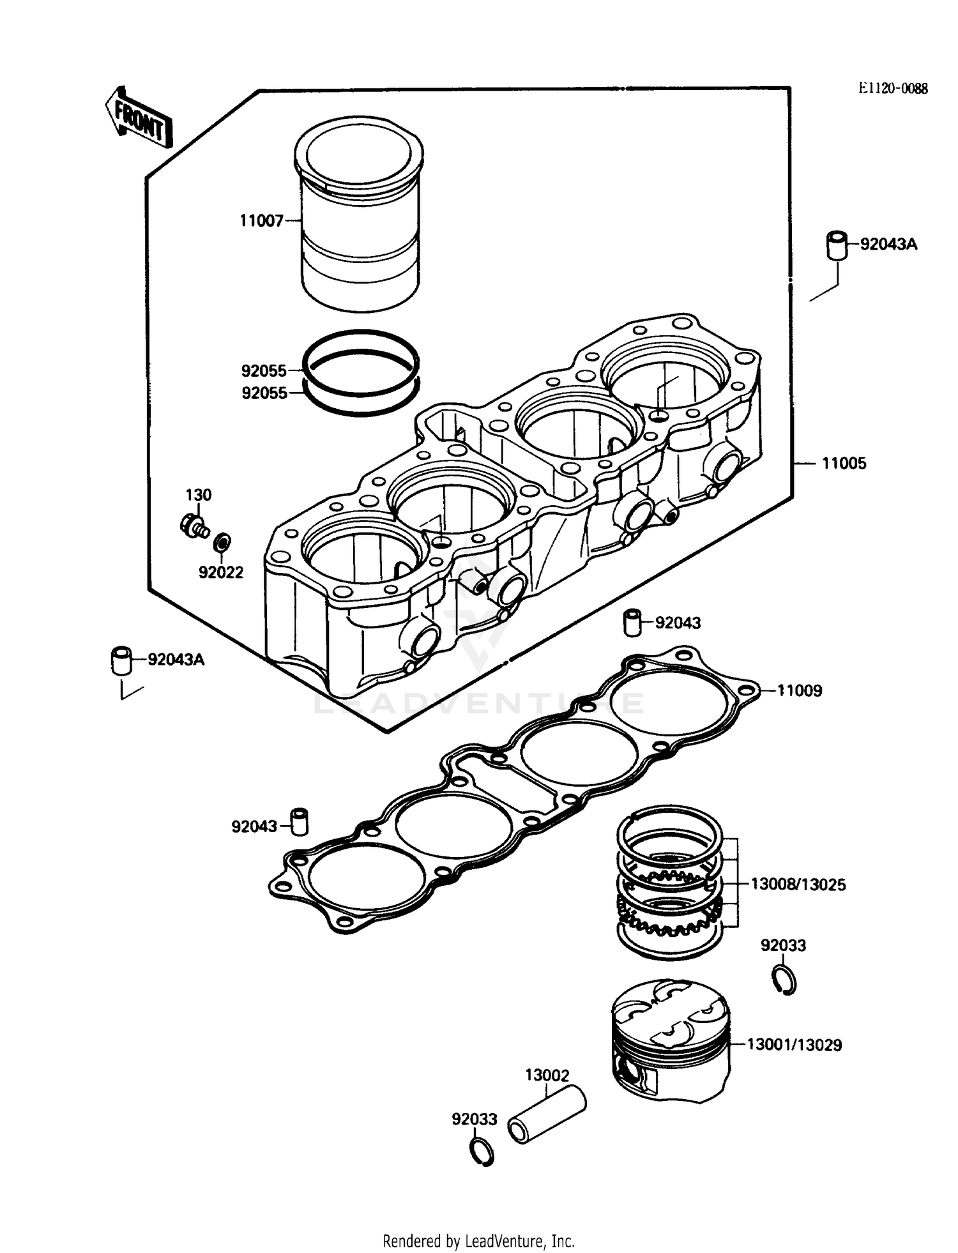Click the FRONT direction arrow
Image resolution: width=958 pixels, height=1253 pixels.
[x=139, y=119]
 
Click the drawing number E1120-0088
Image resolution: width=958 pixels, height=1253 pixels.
[x=892, y=89]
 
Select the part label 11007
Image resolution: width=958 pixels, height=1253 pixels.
[x=261, y=221]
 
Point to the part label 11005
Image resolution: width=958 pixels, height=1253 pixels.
[x=844, y=464]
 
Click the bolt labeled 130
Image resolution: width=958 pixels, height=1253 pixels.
[x=194, y=526]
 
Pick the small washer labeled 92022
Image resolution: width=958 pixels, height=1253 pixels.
[x=222, y=542]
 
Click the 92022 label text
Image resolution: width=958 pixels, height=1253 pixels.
[x=221, y=572]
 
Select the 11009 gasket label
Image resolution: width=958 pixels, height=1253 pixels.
[x=799, y=690]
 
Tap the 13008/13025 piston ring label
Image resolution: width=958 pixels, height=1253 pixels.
[x=798, y=885]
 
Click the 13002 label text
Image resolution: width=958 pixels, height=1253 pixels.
[x=547, y=1075]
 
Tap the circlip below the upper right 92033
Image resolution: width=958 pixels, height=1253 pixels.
[x=784, y=980]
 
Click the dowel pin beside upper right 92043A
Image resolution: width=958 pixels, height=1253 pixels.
[x=837, y=245]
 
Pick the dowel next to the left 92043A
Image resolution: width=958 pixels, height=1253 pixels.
[x=121, y=660]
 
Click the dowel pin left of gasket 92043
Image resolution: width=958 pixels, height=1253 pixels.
[x=300, y=822]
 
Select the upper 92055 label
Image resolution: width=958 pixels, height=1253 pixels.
[x=264, y=370]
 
